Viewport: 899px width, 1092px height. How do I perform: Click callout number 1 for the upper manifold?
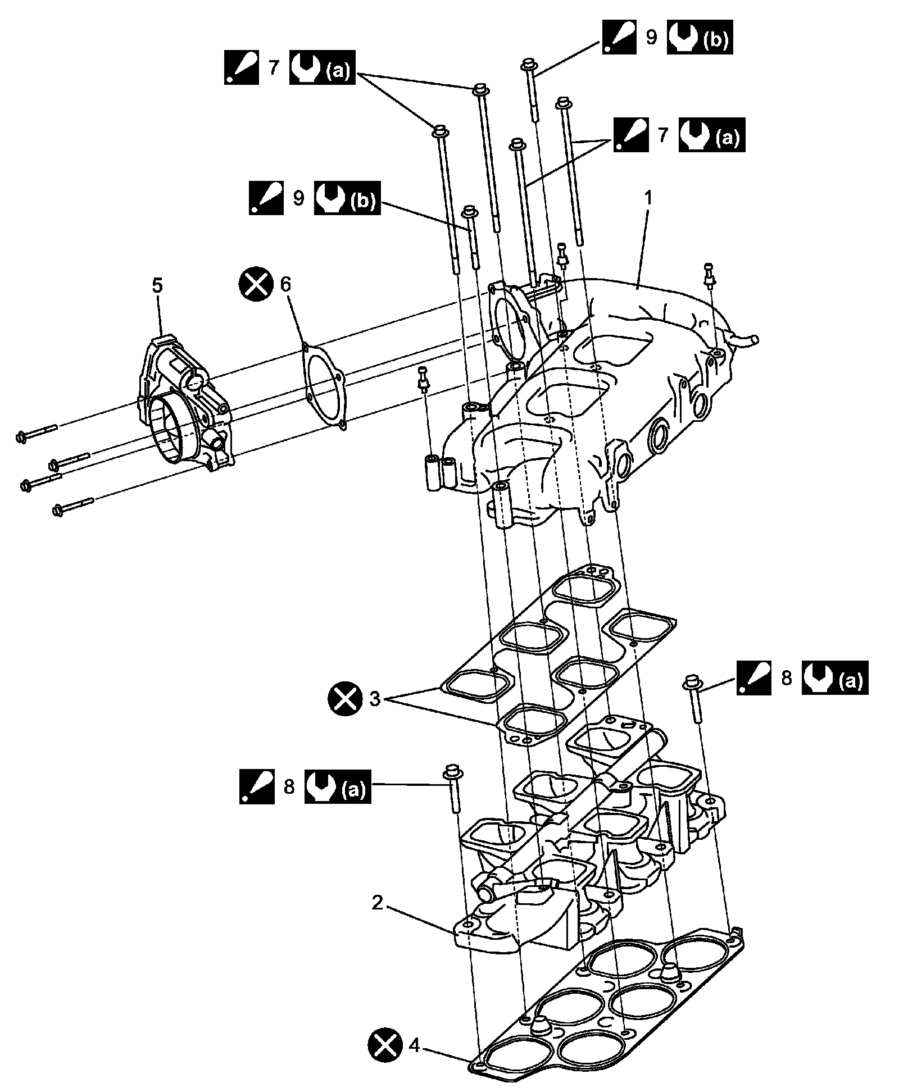point(648,198)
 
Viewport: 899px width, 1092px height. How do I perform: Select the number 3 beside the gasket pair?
point(375,699)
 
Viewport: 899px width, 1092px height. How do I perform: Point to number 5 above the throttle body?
point(157,286)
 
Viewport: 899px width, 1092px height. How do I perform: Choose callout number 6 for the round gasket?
point(286,284)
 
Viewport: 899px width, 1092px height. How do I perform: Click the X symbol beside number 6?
point(256,284)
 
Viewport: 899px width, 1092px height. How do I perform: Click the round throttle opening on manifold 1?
point(510,324)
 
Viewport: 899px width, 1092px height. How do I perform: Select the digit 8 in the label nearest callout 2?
point(289,787)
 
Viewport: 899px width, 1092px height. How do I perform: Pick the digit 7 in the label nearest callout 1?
point(663,135)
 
